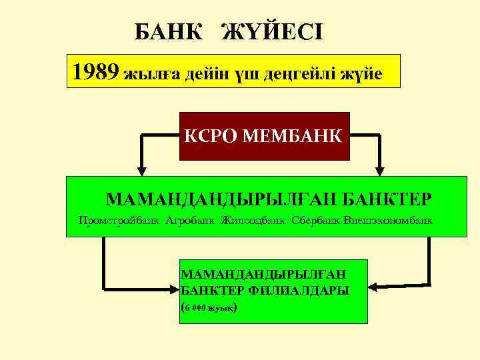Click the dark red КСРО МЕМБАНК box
[265, 136]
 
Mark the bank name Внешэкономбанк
[388, 219]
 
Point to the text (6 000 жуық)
[209, 307]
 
